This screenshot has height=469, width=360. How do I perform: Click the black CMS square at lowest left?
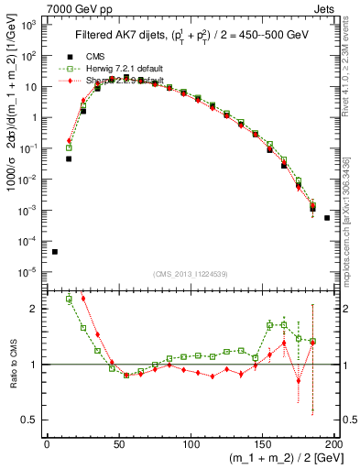(x=54, y=252)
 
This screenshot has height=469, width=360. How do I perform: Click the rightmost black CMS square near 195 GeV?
(x=327, y=218)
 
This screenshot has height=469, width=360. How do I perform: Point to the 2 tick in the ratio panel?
(x=37, y=309)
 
